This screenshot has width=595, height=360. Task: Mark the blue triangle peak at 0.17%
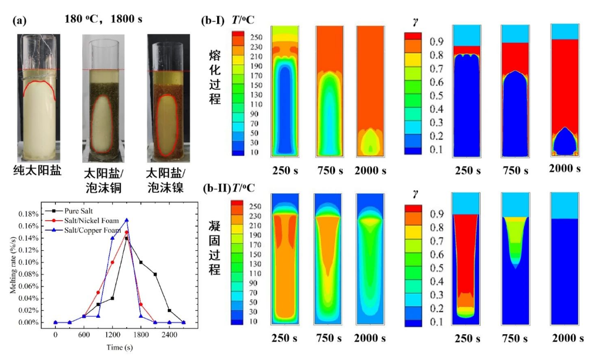(x=126, y=220)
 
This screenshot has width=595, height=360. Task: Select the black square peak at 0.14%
(x=126, y=238)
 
